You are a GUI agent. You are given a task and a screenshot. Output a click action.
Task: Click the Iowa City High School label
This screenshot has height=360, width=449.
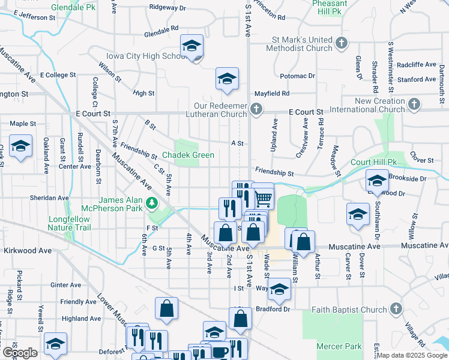tap(146, 56)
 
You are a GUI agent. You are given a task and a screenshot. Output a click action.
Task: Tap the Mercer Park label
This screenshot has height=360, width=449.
tap(339, 346)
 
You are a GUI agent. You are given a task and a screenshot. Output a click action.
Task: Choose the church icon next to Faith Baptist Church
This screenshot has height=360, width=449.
tap(395, 308)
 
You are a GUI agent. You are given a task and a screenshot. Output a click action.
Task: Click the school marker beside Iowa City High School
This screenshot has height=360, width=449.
tap(192, 46)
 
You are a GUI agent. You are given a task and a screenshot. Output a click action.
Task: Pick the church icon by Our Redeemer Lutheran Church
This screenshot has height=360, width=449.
tap(256, 109)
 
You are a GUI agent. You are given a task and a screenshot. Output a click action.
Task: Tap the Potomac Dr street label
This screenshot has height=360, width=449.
tap(298, 76)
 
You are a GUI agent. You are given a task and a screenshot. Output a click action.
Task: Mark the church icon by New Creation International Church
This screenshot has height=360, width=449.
tap(414, 105)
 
